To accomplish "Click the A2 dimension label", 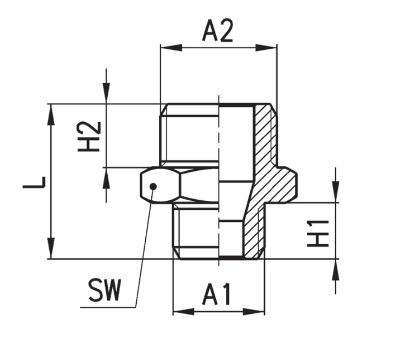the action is coord(217,31).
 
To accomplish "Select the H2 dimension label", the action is coord(88,137).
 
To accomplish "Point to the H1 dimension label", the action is coord(318,234).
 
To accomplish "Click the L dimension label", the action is coord(34,182).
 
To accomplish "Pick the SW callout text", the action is coord(104,290).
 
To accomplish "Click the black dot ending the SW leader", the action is coord(153,186).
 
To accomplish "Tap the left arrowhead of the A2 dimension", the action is coord(172,48).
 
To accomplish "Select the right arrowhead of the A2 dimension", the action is coord(266,48).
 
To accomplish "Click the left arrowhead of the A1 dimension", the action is coord(183,312).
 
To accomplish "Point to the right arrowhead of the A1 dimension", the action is coord(254,312).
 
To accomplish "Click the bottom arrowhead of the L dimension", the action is coord(51,248).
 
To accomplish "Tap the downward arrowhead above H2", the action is coord(106,93).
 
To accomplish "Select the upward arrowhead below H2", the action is coord(106,178).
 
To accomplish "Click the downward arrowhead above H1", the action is coord(336,192).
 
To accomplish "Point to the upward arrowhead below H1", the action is coord(336,270).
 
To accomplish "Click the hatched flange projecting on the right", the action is coord(284,184).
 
